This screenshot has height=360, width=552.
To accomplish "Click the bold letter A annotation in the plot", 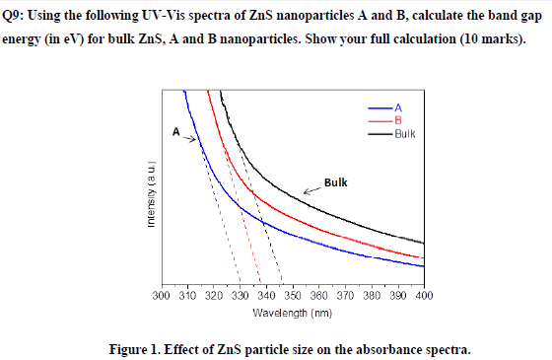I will pyautogui.click(x=175, y=130).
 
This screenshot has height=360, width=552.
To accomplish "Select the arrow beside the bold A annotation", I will pyautogui.click(x=190, y=137).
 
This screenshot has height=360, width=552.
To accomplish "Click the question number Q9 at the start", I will pyautogui.click(x=18, y=17).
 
